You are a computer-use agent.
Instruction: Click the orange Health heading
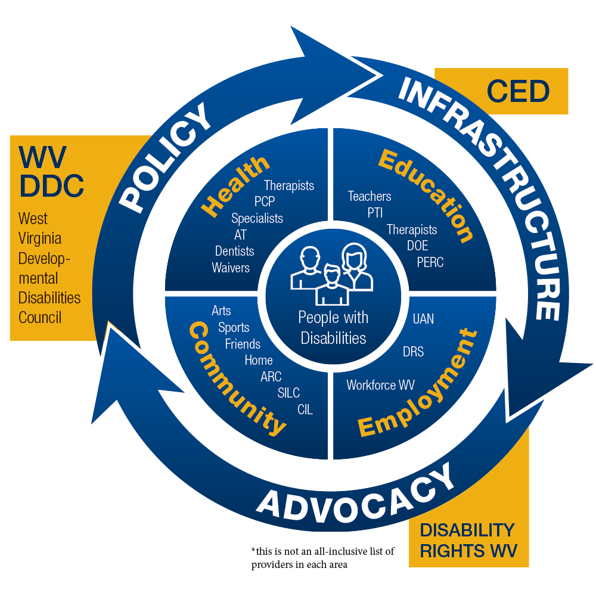pos(234,185)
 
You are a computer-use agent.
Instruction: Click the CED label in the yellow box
pos(517,92)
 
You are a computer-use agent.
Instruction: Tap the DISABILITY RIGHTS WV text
pos(467,540)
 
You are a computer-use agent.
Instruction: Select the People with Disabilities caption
pos(333,328)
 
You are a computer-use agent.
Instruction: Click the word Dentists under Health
pos(234,251)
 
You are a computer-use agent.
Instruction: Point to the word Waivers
pos(231,268)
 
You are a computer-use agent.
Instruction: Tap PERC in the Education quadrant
pos(430,262)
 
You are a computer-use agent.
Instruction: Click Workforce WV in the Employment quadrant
pos(380,385)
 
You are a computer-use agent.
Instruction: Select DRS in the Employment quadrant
pos(413,352)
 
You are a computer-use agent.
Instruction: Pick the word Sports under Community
pos(234,327)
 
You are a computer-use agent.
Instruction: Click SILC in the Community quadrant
pos(288,393)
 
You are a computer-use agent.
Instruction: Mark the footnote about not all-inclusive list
pos(322,558)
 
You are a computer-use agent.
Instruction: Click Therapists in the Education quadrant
pos(412,229)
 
